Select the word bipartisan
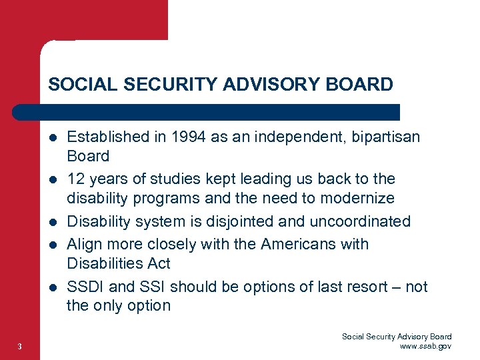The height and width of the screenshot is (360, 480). [386, 137]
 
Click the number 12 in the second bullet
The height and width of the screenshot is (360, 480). [76, 179]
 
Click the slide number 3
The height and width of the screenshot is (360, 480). [21, 346]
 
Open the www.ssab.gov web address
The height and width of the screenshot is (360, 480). [425, 346]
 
